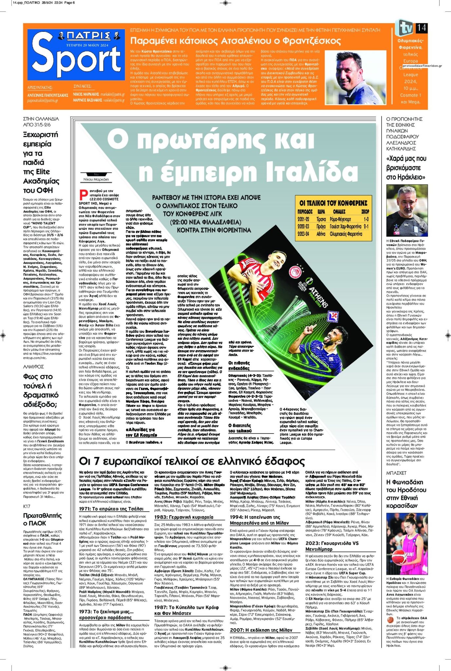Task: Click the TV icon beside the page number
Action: pyautogui.click(x=404, y=28)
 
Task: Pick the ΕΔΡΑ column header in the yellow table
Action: pyautogui.click(x=321, y=212)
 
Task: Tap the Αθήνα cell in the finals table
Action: pyautogui.click(x=321, y=234)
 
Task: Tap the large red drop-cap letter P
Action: pyautogui.click(x=84, y=195)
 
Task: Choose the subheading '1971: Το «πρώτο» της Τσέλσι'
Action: pyautogui.click(x=111, y=509)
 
